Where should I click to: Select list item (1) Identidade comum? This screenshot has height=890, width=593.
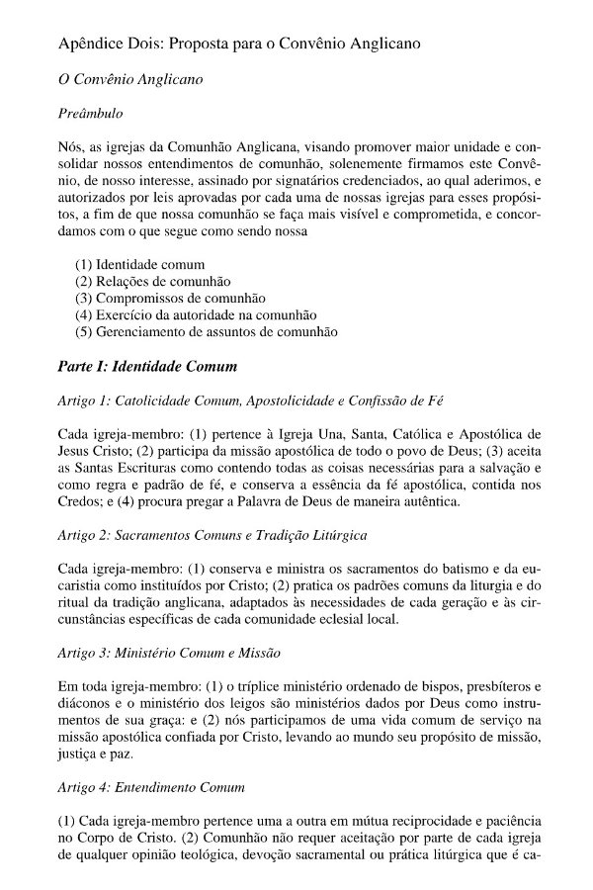click(139, 265)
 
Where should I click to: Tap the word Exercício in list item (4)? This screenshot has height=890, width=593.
click(124, 315)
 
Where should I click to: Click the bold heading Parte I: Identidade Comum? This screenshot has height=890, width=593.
click(148, 367)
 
